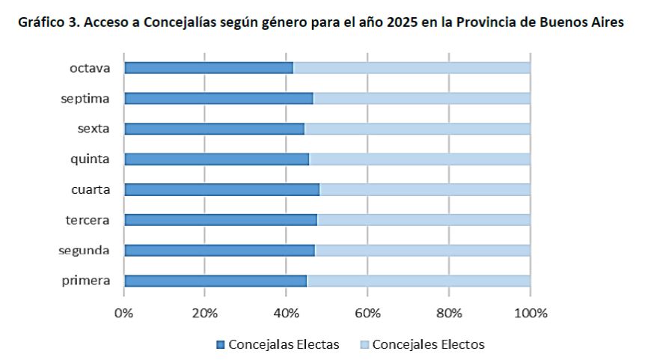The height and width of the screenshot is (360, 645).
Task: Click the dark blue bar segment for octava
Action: coord(209,68)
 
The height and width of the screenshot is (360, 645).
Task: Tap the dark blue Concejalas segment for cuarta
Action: coord(221,189)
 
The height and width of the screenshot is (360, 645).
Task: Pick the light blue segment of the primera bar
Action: coord(418,281)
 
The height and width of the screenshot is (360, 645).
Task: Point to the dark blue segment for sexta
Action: coord(214,129)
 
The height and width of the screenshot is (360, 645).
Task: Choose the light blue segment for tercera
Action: coord(424,220)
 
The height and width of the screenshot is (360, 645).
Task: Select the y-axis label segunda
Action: coord(85,250)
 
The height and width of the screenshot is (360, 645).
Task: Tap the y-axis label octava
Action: coord(91,68)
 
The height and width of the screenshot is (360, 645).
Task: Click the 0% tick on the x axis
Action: coord(123,312)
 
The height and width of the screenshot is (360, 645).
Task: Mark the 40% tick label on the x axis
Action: coord(286,312)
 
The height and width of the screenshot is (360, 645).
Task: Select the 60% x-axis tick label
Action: coord(367,312)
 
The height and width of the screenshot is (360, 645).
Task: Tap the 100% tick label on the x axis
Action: coord(530,312)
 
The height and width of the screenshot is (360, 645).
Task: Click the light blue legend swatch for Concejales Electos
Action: coord(364,345)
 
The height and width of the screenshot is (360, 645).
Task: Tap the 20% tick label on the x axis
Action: coord(204,312)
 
